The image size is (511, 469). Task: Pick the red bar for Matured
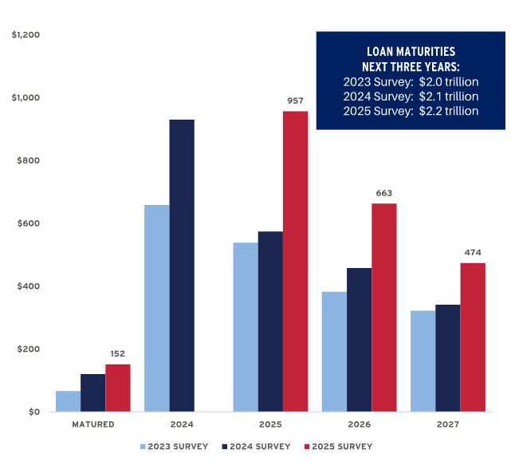tap(117, 388)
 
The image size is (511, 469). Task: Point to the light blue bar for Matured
tap(68, 401)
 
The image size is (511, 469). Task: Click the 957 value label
tap(296, 100)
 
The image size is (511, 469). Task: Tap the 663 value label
tap(384, 193)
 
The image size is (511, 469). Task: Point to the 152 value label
tap(117, 354)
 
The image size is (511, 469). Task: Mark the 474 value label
tap(473, 253)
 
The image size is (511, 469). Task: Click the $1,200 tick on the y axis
tap(26, 35)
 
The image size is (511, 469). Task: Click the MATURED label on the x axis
tap(92, 424)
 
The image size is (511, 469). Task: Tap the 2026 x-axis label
tap(359, 424)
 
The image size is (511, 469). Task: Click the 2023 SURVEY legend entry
tap(174, 447)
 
